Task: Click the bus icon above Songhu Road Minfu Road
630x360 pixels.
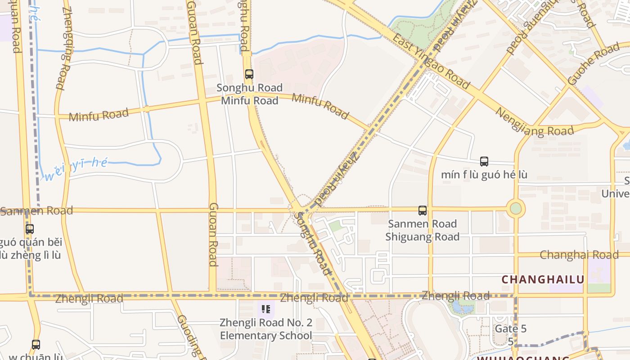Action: point(249,74)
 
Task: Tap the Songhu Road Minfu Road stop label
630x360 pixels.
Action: point(249,94)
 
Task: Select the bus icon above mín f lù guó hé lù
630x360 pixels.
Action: point(484,161)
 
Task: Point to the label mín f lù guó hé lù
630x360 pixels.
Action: point(484,175)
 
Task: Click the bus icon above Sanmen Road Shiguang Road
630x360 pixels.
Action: point(422,210)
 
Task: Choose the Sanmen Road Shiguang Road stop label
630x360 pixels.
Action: point(422,230)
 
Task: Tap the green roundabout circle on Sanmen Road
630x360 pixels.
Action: point(516,209)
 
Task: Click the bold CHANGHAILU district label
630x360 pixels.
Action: point(543,279)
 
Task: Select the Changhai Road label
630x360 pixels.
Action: point(579,255)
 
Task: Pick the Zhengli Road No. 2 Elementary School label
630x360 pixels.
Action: point(265,329)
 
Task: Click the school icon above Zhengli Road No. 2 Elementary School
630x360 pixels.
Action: point(265,309)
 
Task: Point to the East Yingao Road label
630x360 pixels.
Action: point(431,61)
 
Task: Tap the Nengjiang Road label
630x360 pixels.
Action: point(534,122)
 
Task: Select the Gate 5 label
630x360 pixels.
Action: point(510,328)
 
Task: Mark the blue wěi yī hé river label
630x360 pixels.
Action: point(76,168)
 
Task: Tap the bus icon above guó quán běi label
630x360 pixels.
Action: point(30,229)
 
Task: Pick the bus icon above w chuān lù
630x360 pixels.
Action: point(36,345)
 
